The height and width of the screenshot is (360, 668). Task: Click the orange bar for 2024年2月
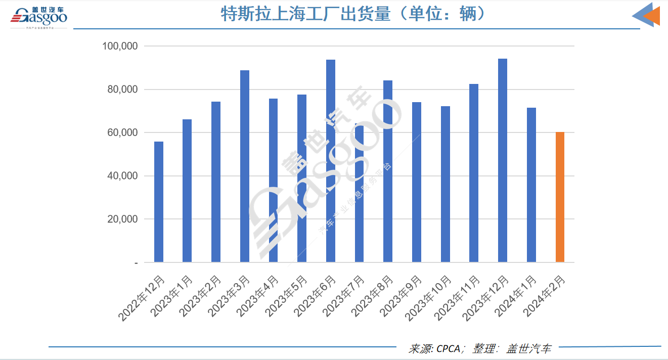point(560,197)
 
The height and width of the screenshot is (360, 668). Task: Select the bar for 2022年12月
point(159,202)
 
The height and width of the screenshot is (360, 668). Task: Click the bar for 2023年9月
point(417,182)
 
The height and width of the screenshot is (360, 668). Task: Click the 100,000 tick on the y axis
point(120,47)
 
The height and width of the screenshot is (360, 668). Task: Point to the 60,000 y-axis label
point(122,133)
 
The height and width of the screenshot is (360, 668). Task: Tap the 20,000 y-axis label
point(122,219)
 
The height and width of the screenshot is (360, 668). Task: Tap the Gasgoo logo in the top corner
point(39,17)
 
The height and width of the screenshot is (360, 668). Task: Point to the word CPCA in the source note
point(448,348)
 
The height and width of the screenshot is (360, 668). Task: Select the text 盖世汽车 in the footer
point(529,348)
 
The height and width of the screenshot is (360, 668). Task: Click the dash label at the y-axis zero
point(136,263)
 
